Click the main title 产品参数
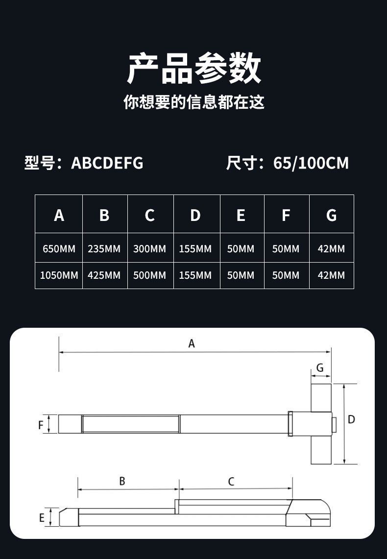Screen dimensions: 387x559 click(193, 69)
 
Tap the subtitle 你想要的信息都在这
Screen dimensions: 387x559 click(193, 102)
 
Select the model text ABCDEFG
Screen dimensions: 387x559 click(107, 163)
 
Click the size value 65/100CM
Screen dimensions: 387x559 click(311, 163)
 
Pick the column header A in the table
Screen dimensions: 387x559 click(59, 215)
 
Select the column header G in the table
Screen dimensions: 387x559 click(331, 215)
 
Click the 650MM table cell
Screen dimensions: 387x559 click(59, 249)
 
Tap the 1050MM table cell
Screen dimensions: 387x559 click(59, 275)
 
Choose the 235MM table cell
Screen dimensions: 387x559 click(104, 249)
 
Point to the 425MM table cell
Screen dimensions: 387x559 click(104, 275)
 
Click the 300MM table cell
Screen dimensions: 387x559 click(150, 249)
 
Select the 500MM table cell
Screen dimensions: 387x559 click(150, 275)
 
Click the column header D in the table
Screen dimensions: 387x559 click(195, 215)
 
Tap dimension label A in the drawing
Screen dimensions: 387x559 click(192, 344)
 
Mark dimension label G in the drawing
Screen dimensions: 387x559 click(320, 368)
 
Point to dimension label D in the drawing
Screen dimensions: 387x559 click(351, 419)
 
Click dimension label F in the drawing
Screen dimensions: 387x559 click(41, 425)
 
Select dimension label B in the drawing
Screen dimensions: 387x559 click(122, 481)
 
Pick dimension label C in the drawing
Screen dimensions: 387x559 click(231, 482)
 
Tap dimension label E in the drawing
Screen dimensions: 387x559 click(42, 518)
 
